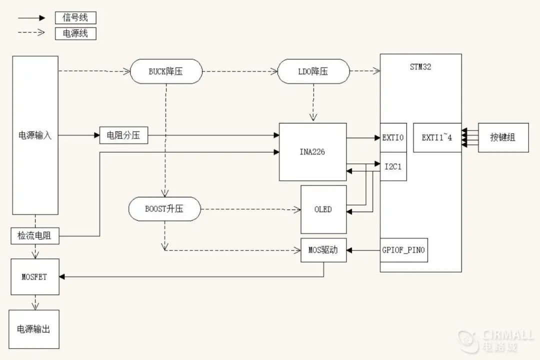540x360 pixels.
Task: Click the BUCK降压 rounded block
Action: [166, 71]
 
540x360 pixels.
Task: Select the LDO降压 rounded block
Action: [313, 71]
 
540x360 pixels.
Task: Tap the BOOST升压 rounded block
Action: [164, 209]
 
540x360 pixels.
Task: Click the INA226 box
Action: [312, 152]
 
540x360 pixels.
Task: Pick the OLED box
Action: [323, 209]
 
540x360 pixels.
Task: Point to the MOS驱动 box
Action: [323, 250]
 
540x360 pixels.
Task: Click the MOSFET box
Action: [34, 276]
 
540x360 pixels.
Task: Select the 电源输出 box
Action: [33, 329]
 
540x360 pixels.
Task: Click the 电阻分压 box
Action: [124, 135]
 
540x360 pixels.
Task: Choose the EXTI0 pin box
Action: [393, 137]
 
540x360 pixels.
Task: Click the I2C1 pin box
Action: [393, 166]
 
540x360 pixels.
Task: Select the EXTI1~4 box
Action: [436, 137]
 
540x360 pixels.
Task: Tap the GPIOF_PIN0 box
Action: [404, 250]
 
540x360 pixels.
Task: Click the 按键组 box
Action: [503, 137]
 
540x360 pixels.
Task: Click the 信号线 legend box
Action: [75, 17]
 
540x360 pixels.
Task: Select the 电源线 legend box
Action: [75, 33]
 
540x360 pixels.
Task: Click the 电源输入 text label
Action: [35, 135]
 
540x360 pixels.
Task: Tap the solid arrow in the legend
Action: [32, 17]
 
